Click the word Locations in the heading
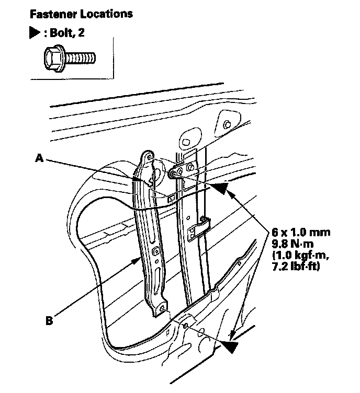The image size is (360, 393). pyautogui.click(x=107, y=13)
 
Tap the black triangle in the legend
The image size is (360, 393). pyautogui.click(x=35, y=33)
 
